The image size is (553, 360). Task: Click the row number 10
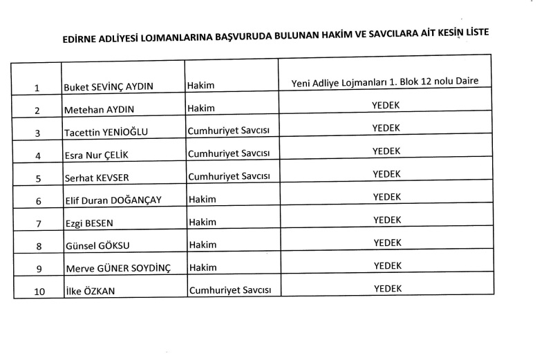tap(39, 292)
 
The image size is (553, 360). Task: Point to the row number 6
tap(39, 201)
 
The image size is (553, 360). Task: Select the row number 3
tap(38, 133)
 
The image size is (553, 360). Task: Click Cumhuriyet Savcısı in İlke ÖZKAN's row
tap(229, 290)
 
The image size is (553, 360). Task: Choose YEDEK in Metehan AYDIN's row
tap(386, 105)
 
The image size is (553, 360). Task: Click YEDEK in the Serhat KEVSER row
tap(386, 173)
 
